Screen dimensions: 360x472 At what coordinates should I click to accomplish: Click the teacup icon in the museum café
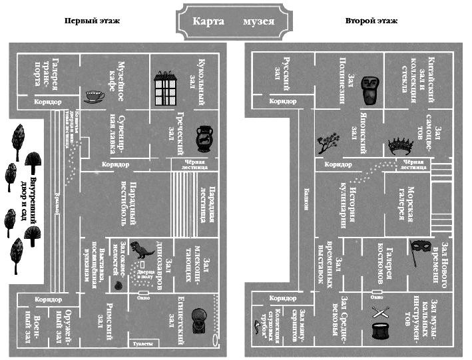(x=93, y=97)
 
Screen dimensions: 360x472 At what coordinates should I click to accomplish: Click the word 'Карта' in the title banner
(x=207, y=21)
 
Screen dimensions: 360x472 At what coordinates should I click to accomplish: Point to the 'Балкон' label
(x=306, y=198)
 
